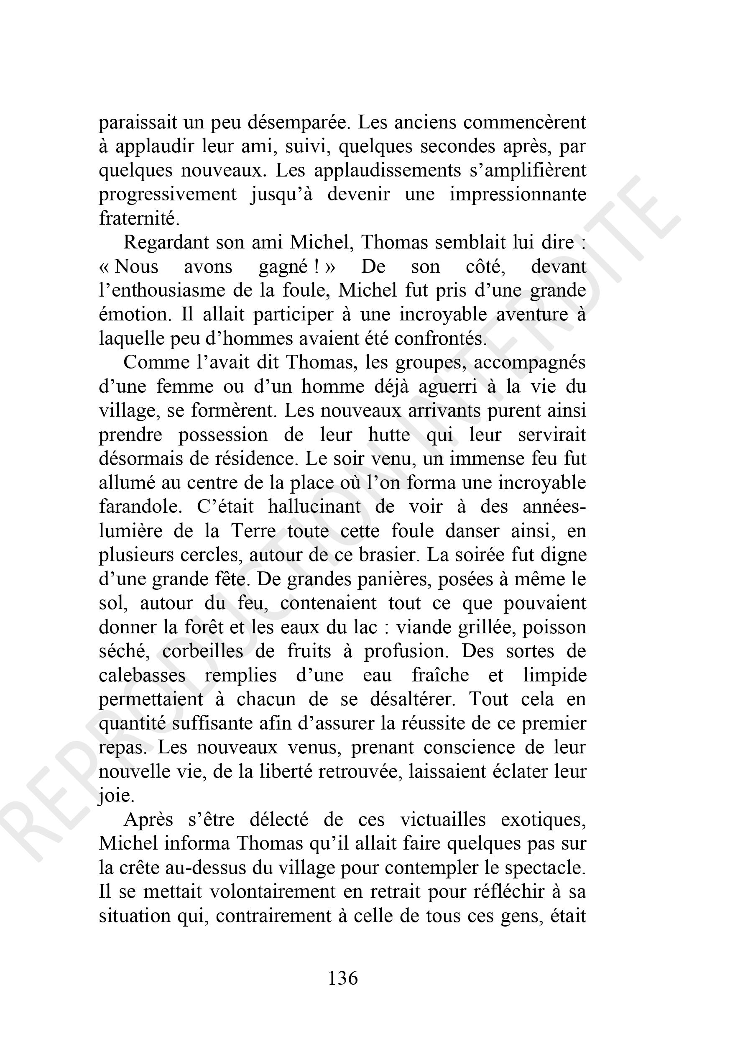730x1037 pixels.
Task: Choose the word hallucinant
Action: tap(314, 506)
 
